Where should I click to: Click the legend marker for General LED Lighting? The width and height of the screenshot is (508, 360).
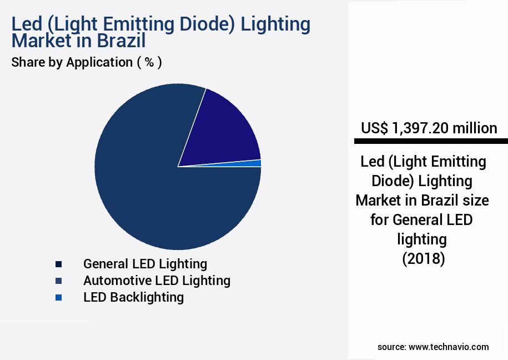coord(58,264)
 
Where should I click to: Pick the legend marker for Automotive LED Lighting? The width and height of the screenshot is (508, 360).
coord(58,281)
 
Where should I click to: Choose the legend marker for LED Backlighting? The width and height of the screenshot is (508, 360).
coord(58,298)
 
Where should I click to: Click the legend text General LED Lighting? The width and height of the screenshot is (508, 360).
coord(145,264)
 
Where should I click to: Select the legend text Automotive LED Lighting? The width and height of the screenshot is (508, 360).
coord(157,281)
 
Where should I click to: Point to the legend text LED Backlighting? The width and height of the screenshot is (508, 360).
coord(133,297)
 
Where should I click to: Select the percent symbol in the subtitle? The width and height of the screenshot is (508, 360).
coord(149,62)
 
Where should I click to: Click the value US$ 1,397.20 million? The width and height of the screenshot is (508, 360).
coord(429,128)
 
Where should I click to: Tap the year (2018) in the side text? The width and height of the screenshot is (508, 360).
coord(423,259)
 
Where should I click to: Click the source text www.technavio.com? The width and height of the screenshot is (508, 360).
coord(449,347)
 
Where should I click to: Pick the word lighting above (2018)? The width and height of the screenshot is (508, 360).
coord(422,239)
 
